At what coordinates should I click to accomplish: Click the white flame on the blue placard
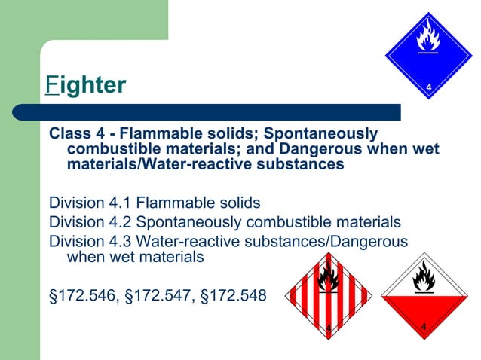(x=428, y=36)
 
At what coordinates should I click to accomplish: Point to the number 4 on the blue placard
(x=428, y=89)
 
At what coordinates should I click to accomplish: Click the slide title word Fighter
(x=85, y=84)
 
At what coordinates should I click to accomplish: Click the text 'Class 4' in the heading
(x=73, y=133)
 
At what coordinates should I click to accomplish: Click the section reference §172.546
(x=81, y=295)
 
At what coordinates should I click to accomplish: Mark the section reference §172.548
(x=231, y=295)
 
